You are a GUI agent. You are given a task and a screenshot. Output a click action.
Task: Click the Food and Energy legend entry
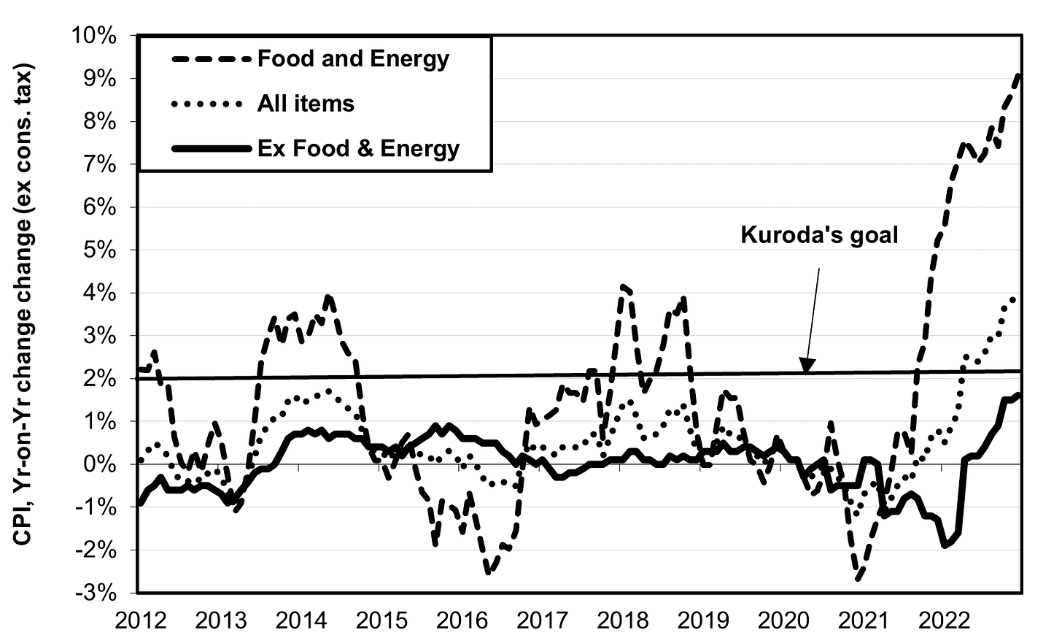click(x=353, y=58)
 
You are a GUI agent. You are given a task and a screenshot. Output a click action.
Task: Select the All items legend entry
click(x=306, y=104)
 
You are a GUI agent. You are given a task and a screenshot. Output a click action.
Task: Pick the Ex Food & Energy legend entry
click(x=358, y=148)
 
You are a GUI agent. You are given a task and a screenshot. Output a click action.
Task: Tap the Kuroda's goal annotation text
click(x=819, y=234)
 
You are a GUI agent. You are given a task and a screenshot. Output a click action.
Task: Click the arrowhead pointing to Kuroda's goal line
click(x=805, y=367)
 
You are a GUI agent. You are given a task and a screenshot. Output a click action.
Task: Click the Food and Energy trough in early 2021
click(x=858, y=579)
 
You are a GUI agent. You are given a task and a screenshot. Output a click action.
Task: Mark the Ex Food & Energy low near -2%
click(x=945, y=545)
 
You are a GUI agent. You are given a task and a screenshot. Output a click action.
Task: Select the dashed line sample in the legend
click(x=212, y=59)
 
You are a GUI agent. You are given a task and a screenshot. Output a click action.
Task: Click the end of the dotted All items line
click(x=1015, y=298)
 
